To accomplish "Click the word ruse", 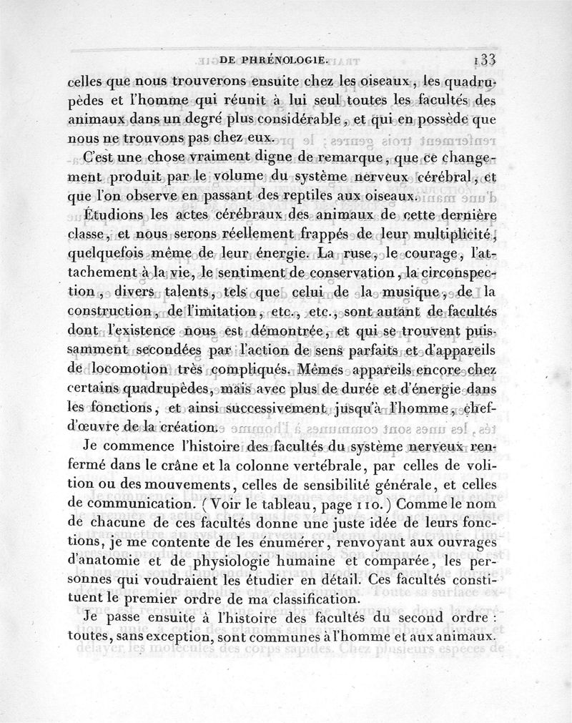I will pyautogui.click(x=355, y=253).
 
